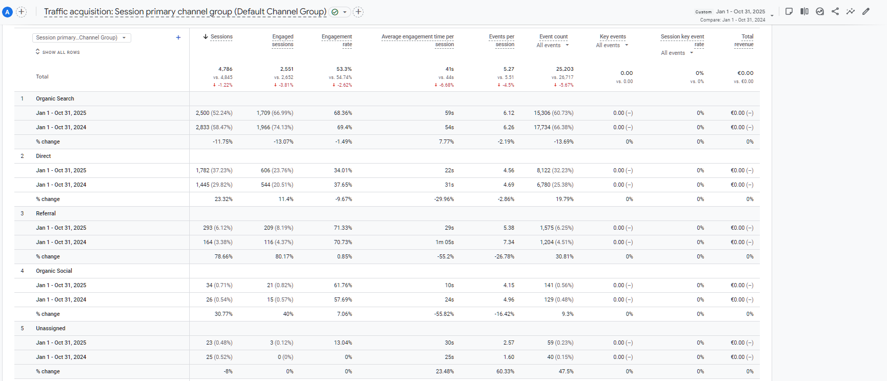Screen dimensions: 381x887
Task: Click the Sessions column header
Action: tap(221, 37)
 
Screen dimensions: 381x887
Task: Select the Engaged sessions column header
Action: tap(283, 41)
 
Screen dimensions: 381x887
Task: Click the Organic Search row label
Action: tap(55, 98)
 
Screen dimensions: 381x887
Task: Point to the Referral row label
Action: tap(46, 213)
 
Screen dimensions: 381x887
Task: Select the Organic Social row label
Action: tap(54, 271)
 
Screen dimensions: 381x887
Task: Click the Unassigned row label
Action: tap(50, 328)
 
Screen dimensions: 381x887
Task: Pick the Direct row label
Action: tap(43, 156)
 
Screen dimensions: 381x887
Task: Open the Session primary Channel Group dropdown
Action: tap(82, 37)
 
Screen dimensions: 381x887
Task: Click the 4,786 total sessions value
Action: tap(225, 69)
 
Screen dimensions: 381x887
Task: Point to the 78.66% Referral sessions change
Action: tap(224, 256)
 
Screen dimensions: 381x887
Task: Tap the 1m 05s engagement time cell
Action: tap(445, 242)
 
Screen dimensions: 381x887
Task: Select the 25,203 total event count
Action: tap(565, 69)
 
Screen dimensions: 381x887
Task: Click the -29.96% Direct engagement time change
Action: tap(444, 199)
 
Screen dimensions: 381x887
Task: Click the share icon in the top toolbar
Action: tap(835, 11)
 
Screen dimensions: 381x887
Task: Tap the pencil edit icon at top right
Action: tap(866, 11)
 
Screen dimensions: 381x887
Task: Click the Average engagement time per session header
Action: tap(417, 41)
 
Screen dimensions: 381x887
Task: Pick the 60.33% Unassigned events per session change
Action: tap(505, 371)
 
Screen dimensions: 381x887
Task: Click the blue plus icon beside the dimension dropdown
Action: tap(178, 37)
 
